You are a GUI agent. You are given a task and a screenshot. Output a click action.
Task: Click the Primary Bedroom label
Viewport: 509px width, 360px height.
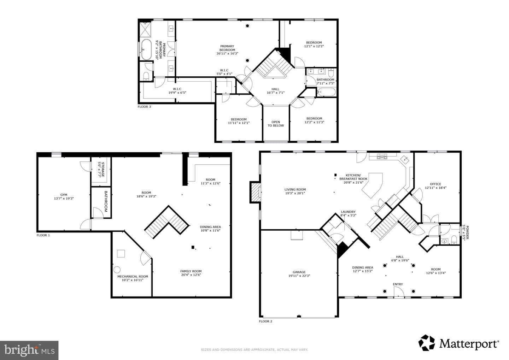(x=227, y=48)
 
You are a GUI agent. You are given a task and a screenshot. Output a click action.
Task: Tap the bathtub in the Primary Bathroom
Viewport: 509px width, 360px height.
(x=146, y=49)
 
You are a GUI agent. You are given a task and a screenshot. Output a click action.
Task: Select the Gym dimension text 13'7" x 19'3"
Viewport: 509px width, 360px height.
(x=64, y=198)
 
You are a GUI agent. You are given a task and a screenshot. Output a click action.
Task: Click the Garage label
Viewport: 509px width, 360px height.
(x=299, y=272)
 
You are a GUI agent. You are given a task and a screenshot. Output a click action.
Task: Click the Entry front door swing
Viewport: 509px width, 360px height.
(x=399, y=291)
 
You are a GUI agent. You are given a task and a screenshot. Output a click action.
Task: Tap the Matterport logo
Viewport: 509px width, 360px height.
(x=459, y=344)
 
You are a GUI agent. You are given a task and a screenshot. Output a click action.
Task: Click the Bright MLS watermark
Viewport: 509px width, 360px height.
(x=29, y=350)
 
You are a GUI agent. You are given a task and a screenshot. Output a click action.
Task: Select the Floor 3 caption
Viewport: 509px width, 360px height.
(x=144, y=107)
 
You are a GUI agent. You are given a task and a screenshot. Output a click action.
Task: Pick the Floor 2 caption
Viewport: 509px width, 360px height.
(x=265, y=321)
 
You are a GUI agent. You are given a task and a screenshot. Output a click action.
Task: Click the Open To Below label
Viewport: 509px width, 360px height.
(x=276, y=124)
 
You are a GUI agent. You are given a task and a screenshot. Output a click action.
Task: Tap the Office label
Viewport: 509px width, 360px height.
(x=435, y=184)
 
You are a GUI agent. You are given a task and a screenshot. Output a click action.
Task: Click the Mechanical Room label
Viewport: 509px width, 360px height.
(x=133, y=276)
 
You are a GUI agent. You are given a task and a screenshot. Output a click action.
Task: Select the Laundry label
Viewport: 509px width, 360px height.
(x=348, y=212)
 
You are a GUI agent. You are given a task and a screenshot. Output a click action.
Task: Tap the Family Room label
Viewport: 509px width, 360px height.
(x=191, y=271)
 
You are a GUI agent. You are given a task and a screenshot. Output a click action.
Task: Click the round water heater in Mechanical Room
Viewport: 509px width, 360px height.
(x=117, y=270)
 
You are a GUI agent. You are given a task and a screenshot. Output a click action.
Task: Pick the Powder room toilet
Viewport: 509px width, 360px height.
(x=454, y=240)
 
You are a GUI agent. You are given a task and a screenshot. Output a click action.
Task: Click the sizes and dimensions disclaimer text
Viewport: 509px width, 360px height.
(x=254, y=349)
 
